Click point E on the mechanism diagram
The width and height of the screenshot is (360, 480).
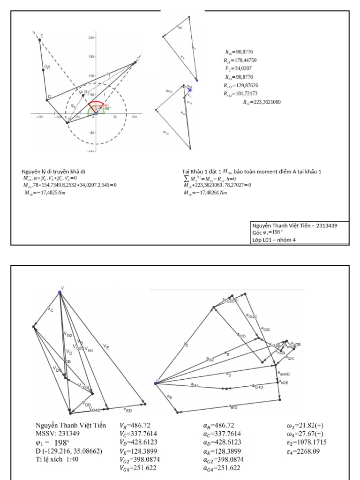tap(39, 40)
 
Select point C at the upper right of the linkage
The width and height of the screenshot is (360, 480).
tap(135, 62)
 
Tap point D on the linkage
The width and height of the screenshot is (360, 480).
tap(47, 99)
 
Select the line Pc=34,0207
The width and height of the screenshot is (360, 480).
tap(240, 69)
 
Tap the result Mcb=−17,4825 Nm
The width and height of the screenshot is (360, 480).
tap(45, 193)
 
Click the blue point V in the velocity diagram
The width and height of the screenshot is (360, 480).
tap(60, 292)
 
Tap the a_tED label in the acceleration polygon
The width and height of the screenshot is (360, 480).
tap(233, 407)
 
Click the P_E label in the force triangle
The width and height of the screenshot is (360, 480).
tap(182, 56)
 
